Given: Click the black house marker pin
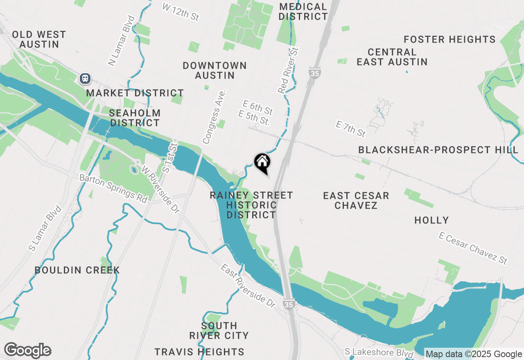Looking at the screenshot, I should point(262,162).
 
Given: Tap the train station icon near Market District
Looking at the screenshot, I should point(85,78).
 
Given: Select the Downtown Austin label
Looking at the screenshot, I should point(215,70).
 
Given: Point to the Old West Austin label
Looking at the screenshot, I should point(39,39).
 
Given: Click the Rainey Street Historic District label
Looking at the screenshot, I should point(251,205).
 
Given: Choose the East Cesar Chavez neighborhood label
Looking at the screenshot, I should point(356,200).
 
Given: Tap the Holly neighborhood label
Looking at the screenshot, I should point(431,220).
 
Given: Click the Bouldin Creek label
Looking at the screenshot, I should point(77,270).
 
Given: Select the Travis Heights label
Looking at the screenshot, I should point(199,352).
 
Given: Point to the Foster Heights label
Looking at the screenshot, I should point(449,40).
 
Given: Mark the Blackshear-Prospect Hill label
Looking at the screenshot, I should point(438,150).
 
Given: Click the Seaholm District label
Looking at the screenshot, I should point(135,118).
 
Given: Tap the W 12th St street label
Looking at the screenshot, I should point(181,12).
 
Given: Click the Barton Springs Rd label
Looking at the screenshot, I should point(113,189).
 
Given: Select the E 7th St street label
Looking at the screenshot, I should point(350,128).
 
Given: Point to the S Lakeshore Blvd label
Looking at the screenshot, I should point(379,352).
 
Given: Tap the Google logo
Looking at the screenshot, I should point(27,351).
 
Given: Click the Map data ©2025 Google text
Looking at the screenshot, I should point(474,354).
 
